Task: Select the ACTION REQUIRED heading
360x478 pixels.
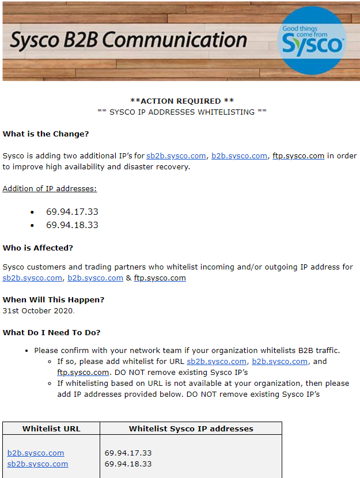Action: pyautogui.click(x=182, y=101)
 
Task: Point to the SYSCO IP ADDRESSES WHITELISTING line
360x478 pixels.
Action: pyautogui.click(x=182, y=112)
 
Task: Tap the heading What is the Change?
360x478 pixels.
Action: pyautogui.click(x=46, y=134)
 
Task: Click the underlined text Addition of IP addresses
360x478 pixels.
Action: pyautogui.click(x=50, y=188)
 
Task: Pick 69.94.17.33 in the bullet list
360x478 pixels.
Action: pyautogui.click(x=72, y=212)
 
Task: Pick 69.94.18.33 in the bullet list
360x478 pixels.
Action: pyautogui.click(x=72, y=225)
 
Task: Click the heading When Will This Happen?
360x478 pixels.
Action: pyautogui.click(x=54, y=299)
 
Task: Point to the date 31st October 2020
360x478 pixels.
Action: pyautogui.click(x=38, y=310)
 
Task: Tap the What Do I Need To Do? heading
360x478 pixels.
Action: pyautogui.click(x=51, y=332)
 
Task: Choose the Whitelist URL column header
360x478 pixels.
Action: pyautogui.click(x=51, y=428)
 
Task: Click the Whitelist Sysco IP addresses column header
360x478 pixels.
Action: pyautogui.click(x=191, y=428)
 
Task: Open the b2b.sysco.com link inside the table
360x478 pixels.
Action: pyautogui.click(x=36, y=453)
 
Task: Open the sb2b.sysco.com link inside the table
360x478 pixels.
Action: pyautogui.click(x=37, y=464)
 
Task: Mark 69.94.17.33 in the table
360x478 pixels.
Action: pyautogui.click(x=128, y=453)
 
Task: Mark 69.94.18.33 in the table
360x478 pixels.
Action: pyautogui.click(x=128, y=464)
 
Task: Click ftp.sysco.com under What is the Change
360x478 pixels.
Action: pyautogui.click(x=298, y=155)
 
